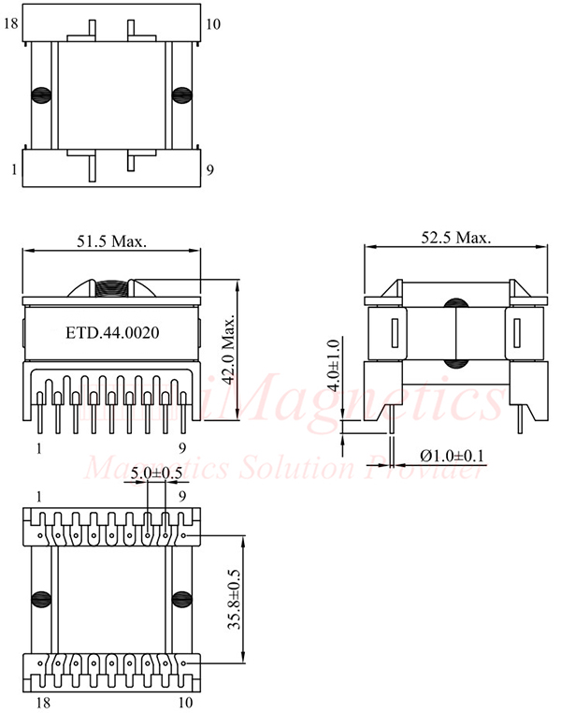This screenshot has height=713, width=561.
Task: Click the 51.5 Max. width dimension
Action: pos(111,240)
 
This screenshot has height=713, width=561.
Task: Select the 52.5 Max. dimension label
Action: pos(455,238)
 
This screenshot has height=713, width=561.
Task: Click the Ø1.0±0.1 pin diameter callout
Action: pos(453,456)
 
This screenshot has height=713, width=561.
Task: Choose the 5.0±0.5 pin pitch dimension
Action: pos(156,473)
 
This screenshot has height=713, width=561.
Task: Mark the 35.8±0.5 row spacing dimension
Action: pos(232,599)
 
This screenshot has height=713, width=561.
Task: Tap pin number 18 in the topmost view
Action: pos(12,23)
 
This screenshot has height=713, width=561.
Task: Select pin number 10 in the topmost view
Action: pos(212,23)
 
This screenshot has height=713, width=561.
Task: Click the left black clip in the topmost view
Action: pos(41,95)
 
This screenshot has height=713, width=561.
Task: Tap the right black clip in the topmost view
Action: pos(180,95)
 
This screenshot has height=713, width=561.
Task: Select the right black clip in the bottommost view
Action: pos(180,599)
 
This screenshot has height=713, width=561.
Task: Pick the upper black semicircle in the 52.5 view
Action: pos(455,304)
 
